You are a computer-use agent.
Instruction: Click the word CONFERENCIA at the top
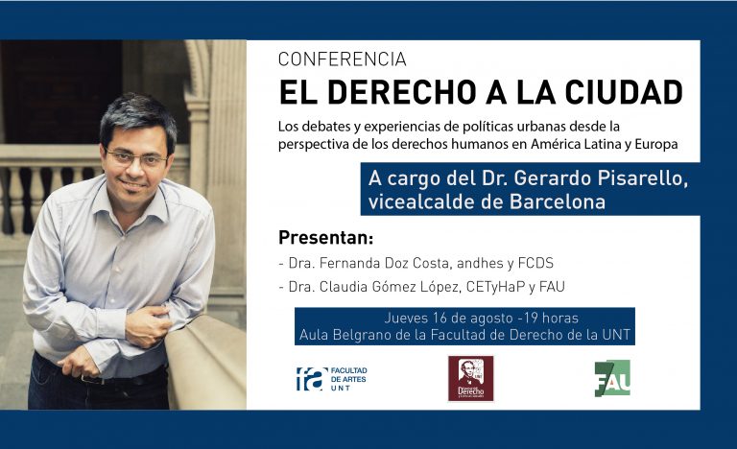click(x=343, y=59)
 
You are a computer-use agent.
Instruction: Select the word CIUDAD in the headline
click(x=624, y=92)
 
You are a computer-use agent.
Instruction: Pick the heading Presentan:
click(x=325, y=237)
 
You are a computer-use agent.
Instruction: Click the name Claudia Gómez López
click(x=390, y=286)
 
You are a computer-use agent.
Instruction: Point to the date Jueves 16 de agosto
click(x=448, y=319)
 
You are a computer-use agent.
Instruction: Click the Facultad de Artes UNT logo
click(x=332, y=378)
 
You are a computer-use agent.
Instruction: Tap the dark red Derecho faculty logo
click(x=471, y=378)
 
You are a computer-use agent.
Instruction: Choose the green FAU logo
click(x=612, y=378)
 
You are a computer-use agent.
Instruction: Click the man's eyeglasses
click(x=136, y=158)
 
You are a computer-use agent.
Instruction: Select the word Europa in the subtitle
click(x=656, y=144)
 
